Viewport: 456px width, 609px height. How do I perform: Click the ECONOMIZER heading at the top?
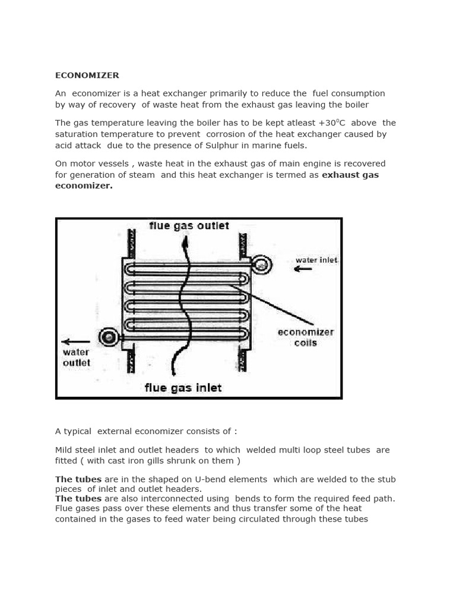coord(87,76)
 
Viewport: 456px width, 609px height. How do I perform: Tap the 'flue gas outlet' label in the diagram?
coord(189,226)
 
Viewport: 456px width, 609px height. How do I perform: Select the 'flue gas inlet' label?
coord(183,388)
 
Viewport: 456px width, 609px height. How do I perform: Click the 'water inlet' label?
coord(316,260)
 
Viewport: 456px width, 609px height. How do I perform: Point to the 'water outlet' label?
coord(76,357)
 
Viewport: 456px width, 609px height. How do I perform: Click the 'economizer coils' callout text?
coord(306,337)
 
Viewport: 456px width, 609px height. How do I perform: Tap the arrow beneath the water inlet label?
coord(303,269)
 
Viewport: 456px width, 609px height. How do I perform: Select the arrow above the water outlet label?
coord(75,341)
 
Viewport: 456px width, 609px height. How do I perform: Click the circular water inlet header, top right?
coord(261,265)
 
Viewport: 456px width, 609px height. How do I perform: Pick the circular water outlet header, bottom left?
coord(109,338)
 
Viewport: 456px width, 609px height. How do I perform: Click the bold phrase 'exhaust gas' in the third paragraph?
coord(350,175)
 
